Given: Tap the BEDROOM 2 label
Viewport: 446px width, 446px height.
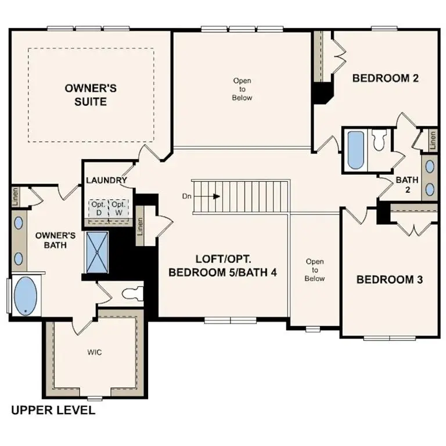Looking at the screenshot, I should click(x=386, y=78).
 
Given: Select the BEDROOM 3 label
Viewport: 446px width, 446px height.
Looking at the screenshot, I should click(x=389, y=279).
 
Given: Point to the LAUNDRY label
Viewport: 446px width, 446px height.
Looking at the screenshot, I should click(x=106, y=180).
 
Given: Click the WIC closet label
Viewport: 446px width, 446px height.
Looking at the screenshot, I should click(x=95, y=353).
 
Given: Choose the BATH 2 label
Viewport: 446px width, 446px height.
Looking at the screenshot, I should click(x=407, y=185).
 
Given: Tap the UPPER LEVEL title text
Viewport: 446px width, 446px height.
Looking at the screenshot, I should click(x=53, y=411).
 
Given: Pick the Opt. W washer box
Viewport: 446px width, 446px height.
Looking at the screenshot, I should click(x=118, y=208).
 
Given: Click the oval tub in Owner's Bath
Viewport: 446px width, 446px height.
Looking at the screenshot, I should click(x=24, y=296).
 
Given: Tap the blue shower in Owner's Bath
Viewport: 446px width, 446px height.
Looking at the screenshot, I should click(x=93, y=251).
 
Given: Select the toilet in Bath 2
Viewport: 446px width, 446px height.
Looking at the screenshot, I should click(x=380, y=140).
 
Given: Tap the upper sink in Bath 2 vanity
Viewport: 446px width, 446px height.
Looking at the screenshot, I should click(x=430, y=167).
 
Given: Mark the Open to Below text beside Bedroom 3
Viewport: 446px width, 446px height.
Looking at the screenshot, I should click(x=315, y=270).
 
